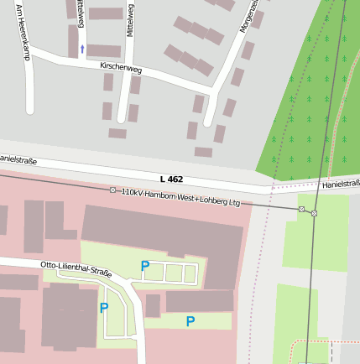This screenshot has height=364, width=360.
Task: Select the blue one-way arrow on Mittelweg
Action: pyautogui.click(x=82, y=49)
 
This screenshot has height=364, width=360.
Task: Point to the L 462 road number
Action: pyautogui.click(x=171, y=179)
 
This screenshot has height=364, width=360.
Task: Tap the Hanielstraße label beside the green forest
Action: pyautogui.click(x=340, y=184)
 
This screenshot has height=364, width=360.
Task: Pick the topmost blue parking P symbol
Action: pyautogui.click(x=145, y=267)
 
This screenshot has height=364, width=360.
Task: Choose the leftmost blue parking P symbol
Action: pyautogui.click(x=104, y=308)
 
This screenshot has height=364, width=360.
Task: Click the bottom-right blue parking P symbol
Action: pyautogui.click(x=190, y=321)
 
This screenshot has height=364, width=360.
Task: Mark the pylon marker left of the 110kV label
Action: pyautogui.click(x=113, y=190)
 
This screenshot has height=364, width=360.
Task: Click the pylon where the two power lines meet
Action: pyautogui.click(x=314, y=213)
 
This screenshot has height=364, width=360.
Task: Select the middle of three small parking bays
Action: pyautogui.click(x=174, y=273)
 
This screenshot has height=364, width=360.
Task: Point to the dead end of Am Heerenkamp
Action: pyautogui.click(x=30, y=110)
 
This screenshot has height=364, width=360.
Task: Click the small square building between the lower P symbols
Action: pyautogui.click(x=153, y=306)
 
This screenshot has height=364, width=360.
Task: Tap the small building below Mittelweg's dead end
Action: pyautogui.click(x=117, y=133)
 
